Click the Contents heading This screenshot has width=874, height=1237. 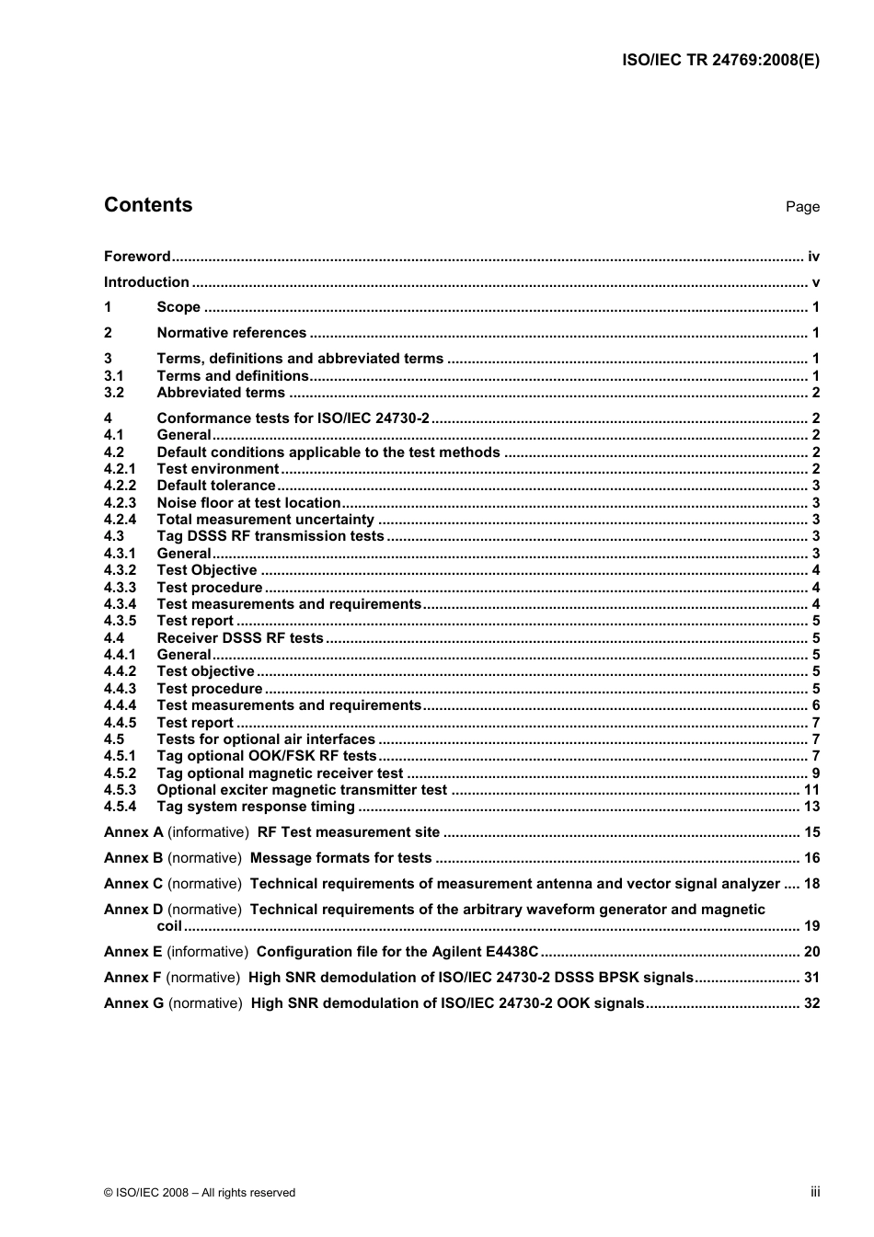[x=148, y=205]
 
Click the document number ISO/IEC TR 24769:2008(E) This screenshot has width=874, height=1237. [x=720, y=61]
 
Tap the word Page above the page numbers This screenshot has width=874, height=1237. [x=802, y=207]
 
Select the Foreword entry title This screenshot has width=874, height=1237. [x=137, y=257]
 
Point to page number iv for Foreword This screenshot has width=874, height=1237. [x=813, y=257]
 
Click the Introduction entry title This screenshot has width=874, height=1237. [x=146, y=282]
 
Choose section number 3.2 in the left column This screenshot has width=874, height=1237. [x=114, y=393]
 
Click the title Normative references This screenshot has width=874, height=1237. [x=231, y=333]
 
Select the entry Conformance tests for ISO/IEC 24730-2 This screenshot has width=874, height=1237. [x=293, y=418]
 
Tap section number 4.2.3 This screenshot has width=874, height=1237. [x=120, y=503]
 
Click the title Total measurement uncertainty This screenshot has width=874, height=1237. [x=265, y=520]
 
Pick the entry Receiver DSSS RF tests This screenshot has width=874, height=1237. [x=240, y=638]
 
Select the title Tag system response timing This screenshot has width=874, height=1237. [x=256, y=807]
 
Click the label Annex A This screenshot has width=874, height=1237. [x=133, y=832]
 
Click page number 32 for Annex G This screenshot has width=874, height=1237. [x=811, y=1003]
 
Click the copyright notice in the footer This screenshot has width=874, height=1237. [x=200, y=1193]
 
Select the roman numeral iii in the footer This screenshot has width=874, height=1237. [x=815, y=1192]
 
